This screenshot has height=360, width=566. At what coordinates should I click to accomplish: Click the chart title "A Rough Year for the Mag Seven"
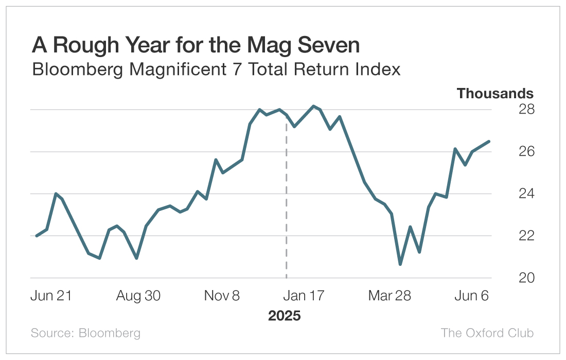[196, 46]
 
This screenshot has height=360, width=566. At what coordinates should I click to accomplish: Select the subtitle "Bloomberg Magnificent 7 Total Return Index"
[216, 69]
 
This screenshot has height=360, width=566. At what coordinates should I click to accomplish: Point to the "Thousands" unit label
[495, 94]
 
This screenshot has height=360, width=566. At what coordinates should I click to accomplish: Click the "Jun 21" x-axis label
[51, 296]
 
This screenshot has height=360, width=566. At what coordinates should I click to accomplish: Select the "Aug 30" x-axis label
[138, 296]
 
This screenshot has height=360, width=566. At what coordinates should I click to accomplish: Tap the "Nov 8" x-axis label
[222, 296]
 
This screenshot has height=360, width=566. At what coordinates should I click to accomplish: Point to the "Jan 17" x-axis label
[304, 296]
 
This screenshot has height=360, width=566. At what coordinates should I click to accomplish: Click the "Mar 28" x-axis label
[390, 296]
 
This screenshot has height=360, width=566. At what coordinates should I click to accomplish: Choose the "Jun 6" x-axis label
[470, 296]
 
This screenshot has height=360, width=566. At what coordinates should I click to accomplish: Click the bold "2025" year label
[284, 315]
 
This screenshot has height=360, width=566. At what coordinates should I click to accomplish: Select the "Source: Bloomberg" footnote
[85, 333]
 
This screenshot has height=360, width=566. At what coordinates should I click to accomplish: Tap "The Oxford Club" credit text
[487, 333]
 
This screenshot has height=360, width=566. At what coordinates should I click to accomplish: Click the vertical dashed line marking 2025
[286, 206]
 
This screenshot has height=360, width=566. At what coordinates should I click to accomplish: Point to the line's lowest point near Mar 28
[400, 264]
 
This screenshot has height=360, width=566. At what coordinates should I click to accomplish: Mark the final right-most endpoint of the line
[489, 141]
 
